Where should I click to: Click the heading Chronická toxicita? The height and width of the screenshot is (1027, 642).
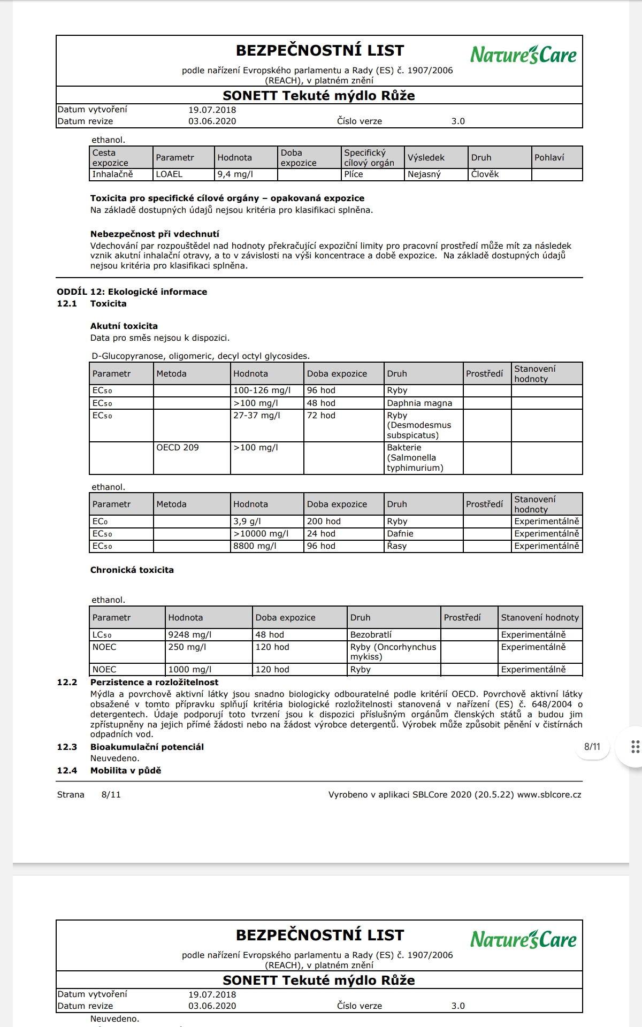(x=132, y=570)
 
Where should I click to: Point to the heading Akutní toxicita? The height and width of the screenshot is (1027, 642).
(x=124, y=326)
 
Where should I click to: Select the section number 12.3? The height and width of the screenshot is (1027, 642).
(x=67, y=747)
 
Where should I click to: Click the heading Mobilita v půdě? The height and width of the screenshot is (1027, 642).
(x=126, y=771)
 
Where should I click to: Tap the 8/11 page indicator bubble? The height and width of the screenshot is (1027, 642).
(x=592, y=747)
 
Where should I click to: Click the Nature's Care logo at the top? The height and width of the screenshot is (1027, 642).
(x=523, y=55)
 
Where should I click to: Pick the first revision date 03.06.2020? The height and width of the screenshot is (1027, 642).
(x=212, y=121)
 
